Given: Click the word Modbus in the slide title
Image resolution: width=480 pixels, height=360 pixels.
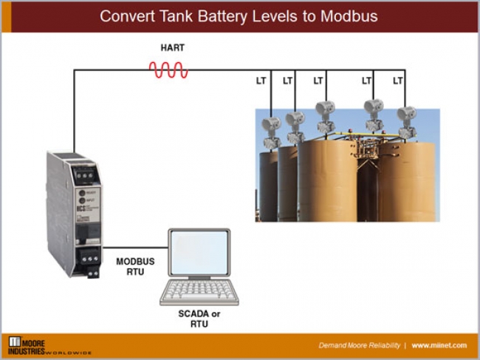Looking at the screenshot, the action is click(349, 16).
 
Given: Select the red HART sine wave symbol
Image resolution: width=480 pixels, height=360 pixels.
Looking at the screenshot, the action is click(168, 70).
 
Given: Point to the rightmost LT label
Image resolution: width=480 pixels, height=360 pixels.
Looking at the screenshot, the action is click(398, 81).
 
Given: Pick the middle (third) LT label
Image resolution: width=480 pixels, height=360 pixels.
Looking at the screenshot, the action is click(318, 81).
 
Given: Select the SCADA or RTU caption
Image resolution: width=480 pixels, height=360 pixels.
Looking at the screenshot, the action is click(199, 319).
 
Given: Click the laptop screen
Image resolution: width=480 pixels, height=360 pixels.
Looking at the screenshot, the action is click(198, 255).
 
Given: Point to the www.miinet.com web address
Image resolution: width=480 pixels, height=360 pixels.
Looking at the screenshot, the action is click(441, 345).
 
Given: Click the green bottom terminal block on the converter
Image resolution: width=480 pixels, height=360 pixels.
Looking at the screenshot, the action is click(92, 260).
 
